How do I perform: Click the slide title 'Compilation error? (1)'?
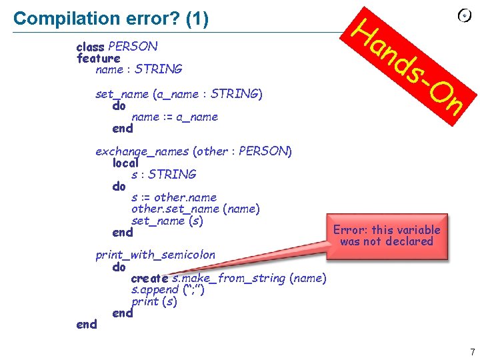point(111,19)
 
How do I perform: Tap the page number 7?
point(472,352)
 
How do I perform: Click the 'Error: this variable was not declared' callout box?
point(387,235)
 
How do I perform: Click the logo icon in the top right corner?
point(465,15)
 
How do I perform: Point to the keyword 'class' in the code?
point(91,47)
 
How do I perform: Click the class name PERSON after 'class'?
point(133,47)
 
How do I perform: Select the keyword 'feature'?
point(98,58)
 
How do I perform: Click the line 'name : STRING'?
point(139,69)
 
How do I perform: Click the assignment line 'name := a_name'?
point(175,117)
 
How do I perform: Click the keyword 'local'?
point(125,163)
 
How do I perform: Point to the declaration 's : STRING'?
point(164,175)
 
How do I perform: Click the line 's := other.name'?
point(174,197)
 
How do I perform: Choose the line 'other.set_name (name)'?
point(195,209)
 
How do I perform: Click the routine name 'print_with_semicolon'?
point(155,255)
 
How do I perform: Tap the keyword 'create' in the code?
point(149,278)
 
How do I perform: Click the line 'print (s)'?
point(154,301)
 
